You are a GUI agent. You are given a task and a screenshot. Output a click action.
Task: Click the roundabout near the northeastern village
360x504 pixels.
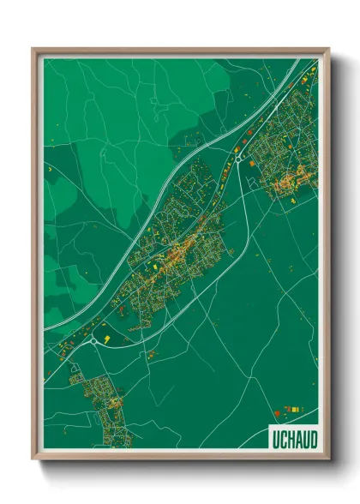(237, 158)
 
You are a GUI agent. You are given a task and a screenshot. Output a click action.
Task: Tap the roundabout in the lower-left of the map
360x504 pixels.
(93, 340)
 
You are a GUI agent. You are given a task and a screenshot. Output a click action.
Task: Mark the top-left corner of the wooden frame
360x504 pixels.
(33, 49)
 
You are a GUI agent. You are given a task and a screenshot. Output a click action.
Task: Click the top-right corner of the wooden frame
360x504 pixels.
(328, 49)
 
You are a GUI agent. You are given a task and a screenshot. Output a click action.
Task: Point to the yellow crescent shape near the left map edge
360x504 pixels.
(49, 174)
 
